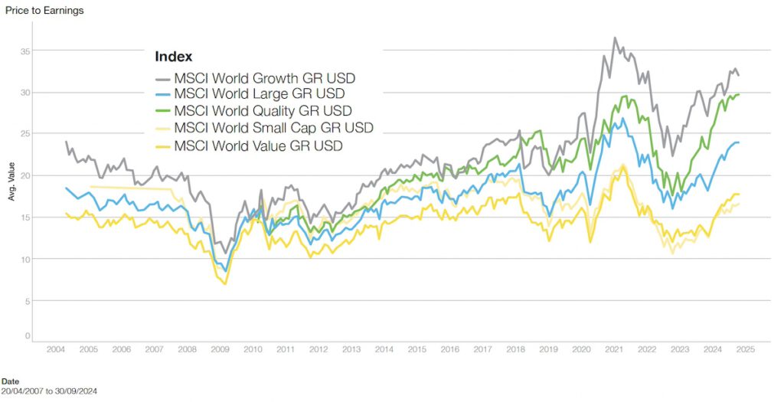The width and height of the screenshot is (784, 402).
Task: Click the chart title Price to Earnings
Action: point(44,10)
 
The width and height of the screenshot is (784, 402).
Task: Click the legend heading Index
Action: point(173,57)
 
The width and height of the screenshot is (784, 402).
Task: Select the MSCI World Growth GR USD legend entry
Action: point(264,77)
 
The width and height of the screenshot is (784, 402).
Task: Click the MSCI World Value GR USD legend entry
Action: point(258,145)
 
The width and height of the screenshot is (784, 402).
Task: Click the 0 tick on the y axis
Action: point(28,336)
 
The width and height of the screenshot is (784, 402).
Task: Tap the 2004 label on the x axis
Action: point(56,349)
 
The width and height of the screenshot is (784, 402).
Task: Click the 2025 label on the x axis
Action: point(746,349)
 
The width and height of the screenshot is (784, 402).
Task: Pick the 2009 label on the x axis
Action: point(220,349)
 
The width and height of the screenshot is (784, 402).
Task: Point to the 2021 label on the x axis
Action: point(615,349)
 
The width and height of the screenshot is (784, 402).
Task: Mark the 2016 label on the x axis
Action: point(450,349)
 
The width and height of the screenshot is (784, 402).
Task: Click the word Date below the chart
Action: point(11,381)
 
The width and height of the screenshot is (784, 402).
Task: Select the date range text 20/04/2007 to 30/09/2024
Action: point(49,391)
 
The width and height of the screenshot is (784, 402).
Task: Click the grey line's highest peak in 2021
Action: point(615,38)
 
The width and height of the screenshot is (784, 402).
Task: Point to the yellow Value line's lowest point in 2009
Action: point(225,284)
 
